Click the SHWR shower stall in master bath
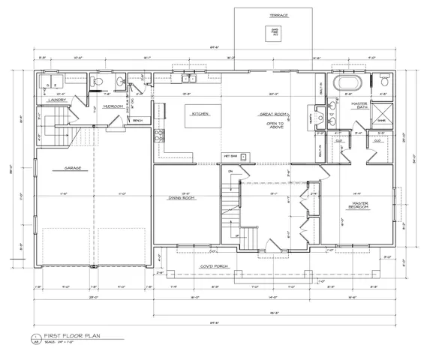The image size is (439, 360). [x=381, y=118]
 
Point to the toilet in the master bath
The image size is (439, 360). [x=382, y=79]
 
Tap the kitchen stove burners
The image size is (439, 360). [x=158, y=135]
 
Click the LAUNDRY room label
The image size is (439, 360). [x=56, y=99]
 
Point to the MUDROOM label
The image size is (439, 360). [x=113, y=106]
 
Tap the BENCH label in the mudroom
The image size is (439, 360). [x=137, y=119]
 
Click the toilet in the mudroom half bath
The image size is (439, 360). [x=93, y=81]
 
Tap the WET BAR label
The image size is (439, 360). [x=230, y=156]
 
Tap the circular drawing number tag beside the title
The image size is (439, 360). [x=35, y=339]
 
